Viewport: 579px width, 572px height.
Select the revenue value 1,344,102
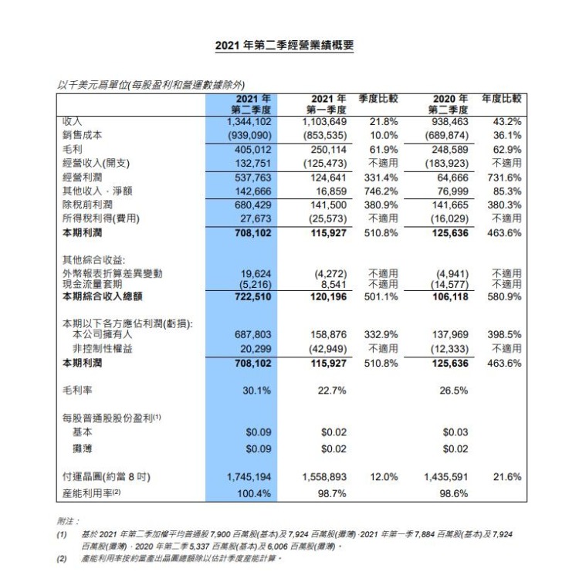(249, 122)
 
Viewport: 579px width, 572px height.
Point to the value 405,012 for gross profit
(252, 150)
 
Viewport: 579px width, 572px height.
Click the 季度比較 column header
(378, 99)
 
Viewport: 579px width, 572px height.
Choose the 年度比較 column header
(502, 99)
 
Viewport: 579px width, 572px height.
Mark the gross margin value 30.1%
(256, 391)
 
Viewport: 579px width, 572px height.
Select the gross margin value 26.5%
(453, 391)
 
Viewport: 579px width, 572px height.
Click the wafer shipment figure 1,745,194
(249, 478)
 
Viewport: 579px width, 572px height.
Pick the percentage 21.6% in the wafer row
(506, 478)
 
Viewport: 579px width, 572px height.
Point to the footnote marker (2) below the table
(62, 558)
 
